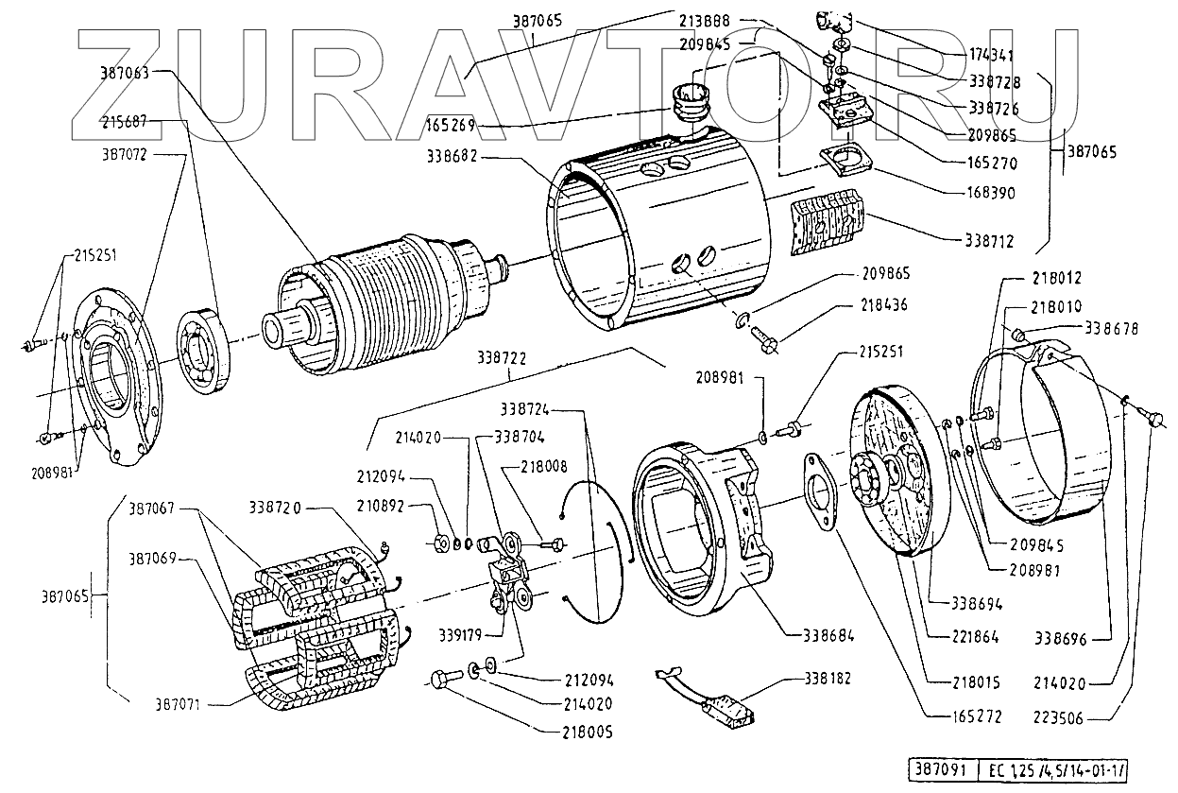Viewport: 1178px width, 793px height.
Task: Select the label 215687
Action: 125,122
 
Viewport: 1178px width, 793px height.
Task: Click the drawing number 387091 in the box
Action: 934,768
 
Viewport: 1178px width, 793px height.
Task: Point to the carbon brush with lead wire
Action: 727,701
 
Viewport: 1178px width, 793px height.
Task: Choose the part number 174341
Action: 990,56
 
